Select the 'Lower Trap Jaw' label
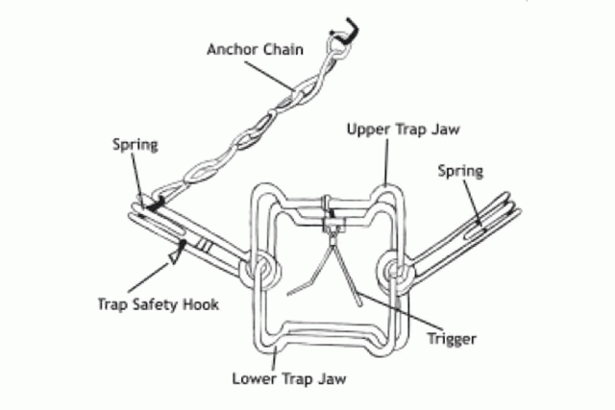(288, 376)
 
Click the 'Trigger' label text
(451, 338)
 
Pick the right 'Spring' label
(460, 171)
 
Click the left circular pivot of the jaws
(258, 270)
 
